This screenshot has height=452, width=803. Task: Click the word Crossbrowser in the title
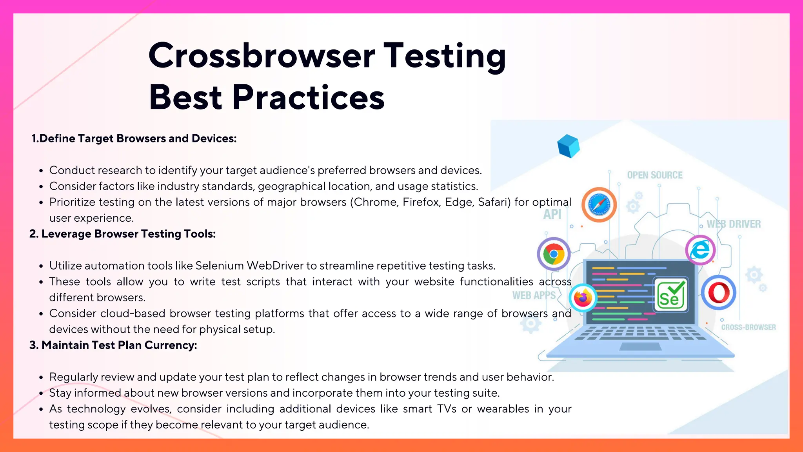262,56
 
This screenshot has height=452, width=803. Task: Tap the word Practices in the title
308,98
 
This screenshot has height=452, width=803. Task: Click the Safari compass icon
599,205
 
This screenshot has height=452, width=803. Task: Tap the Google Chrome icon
553,254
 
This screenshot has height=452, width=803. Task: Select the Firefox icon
583,298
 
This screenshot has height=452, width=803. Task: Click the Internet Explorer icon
700,250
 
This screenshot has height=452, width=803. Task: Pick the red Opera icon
719,293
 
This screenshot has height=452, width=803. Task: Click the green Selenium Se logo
671,295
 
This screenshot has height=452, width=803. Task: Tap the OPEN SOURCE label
654,175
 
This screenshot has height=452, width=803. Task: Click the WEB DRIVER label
734,224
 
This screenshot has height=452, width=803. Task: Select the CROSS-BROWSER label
748,327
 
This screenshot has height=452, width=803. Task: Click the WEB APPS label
534,295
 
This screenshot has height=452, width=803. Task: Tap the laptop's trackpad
640,347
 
